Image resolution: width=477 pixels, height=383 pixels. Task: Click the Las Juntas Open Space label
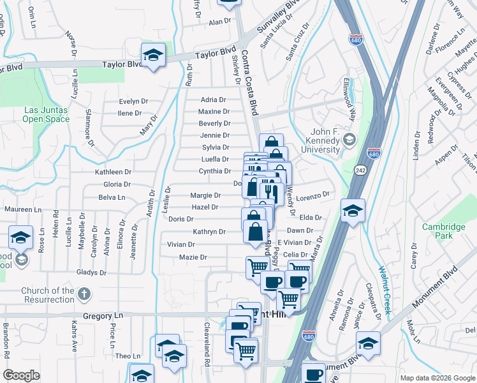coord(47,114)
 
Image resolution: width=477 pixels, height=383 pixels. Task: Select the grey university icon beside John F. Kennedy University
coord(349,139)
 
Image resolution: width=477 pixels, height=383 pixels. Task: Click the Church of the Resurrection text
coord(48,295)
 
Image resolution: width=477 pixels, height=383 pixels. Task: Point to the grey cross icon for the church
coord(84,294)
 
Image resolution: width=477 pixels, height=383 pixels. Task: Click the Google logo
coord(22,375)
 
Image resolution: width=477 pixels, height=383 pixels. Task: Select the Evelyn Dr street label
coord(134,101)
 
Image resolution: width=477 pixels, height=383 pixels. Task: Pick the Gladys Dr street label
coord(91,273)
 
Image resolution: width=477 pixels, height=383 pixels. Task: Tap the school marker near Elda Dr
coord(352,210)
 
